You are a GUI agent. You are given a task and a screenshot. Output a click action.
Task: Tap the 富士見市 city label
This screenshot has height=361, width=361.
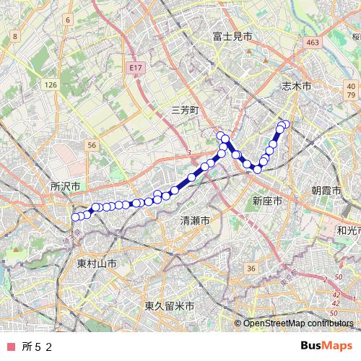[x=232, y=35]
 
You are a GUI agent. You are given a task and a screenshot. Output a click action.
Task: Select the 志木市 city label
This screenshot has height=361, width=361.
[x=296, y=85]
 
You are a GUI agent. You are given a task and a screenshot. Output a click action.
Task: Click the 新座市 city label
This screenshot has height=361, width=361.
[x=266, y=200]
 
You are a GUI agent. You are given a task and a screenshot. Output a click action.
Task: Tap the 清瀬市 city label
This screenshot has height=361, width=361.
[x=195, y=220]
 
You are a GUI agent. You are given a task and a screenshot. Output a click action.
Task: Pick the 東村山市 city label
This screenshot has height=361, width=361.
[x=97, y=264]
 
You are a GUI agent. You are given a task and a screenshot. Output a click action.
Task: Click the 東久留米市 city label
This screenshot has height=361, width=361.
[x=169, y=306]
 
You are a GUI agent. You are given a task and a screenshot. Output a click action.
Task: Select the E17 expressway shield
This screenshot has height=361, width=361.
[x=134, y=67]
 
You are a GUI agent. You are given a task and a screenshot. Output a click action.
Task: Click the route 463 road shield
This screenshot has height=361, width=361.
[x=313, y=43]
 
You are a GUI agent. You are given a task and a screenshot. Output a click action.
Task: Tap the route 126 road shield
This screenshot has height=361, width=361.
[x=50, y=85]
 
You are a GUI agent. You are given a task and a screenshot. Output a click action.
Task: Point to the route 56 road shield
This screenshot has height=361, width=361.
[x=92, y=145]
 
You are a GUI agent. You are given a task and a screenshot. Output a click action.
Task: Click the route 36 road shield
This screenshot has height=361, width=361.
[x=251, y=269]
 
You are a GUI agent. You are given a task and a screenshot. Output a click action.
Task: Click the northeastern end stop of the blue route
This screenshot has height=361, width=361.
[x=285, y=124]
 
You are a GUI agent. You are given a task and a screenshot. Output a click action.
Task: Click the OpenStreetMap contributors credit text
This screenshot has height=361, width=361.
[x=297, y=323]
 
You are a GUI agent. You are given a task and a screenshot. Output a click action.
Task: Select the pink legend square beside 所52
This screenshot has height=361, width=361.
[x=10, y=347]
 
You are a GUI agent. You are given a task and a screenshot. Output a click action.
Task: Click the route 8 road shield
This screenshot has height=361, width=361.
[x=14, y=35]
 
